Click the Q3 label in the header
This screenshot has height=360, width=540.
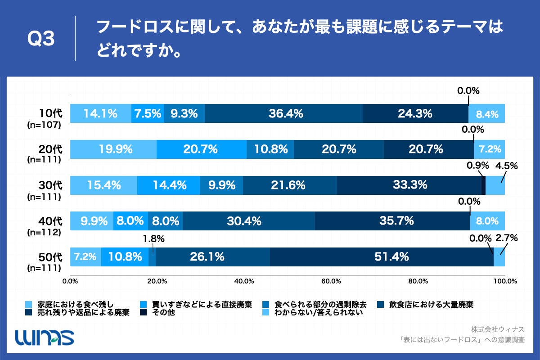[x=41, y=40]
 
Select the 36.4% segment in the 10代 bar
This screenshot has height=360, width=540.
[x=284, y=114]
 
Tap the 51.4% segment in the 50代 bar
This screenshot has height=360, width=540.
[x=382, y=257]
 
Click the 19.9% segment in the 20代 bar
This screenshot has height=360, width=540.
[x=113, y=149]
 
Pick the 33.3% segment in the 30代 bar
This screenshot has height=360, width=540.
[x=409, y=185]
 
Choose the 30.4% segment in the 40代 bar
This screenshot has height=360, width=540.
[x=249, y=221]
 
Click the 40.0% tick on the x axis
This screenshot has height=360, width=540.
[x=244, y=281]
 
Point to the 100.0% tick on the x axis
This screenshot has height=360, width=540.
[x=504, y=281]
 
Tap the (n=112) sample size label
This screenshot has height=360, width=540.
[x=44, y=232]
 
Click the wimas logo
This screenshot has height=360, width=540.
[x=45, y=337]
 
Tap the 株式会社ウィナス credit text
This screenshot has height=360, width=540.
[x=498, y=329]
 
